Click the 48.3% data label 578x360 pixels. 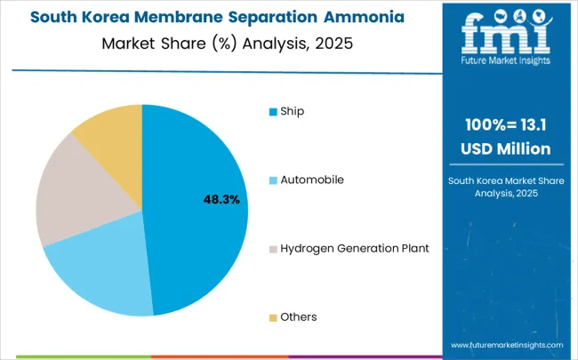pyautogui.click(x=221, y=200)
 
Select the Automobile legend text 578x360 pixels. pyautogui.click(x=312, y=180)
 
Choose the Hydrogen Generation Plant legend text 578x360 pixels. pyautogui.click(x=355, y=248)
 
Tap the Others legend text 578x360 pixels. pyautogui.click(x=299, y=316)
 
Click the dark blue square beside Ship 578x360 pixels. pyautogui.click(x=273, y=112)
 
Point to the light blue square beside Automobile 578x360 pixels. pyautogui.click(x=273, y=180)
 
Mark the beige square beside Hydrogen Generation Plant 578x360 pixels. pyautogui.click(x=273, y=249)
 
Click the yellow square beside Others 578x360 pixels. pyautogui.click(x=273, y=317)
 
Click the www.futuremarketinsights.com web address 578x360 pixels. pyautogui.click(x=507, y=344)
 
